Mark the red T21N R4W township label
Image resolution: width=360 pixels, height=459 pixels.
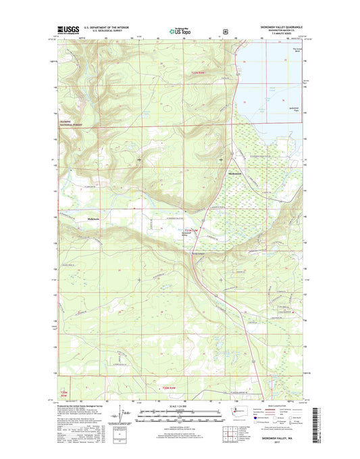click(x=191, y=232)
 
